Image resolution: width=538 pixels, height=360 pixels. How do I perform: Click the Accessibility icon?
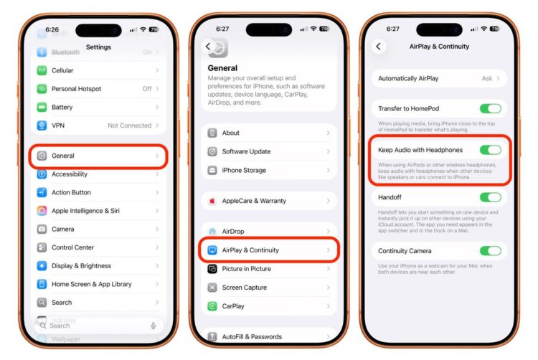coord(42,174)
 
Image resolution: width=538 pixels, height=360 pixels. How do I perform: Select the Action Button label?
coord(71,192)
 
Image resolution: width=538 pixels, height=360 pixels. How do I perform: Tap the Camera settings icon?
coord(42,229)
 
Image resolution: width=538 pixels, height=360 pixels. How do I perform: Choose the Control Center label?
coord(72,247)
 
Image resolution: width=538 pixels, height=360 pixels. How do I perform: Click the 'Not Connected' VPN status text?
coord(129,125)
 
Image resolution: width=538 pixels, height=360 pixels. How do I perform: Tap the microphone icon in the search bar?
coord(154,326)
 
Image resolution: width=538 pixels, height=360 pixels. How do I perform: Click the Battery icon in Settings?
coord(42,107)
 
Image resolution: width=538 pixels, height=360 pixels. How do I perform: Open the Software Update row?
coord(269,151)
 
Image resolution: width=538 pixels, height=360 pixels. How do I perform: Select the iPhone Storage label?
coord(244,170)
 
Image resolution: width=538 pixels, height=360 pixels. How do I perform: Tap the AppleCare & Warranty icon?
coord(212,201)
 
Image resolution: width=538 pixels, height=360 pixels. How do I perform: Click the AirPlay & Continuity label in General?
coord(250,250)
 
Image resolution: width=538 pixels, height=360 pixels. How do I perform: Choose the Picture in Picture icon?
coord(212,269)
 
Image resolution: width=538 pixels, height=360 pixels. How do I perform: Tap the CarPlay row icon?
coord(212,306)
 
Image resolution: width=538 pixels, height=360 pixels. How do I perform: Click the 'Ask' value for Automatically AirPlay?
coord(487,78)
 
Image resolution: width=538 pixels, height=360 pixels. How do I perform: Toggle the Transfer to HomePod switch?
coord(490,109)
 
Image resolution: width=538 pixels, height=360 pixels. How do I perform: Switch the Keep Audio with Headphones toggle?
coord(490,150)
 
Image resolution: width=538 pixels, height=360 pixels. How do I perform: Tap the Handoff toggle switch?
coord(490,197)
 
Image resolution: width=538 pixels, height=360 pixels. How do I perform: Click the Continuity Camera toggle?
coord(490,251)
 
